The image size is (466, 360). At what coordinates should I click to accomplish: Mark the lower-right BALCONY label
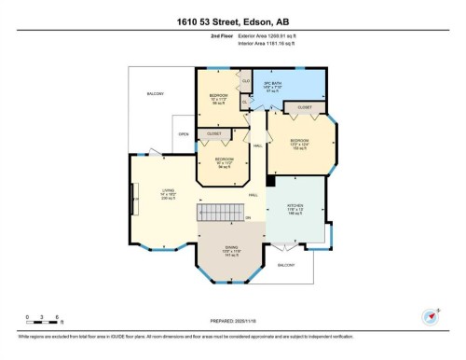click(x=286, y=265)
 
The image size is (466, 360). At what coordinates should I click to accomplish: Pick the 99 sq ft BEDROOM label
click(x=218, y=100)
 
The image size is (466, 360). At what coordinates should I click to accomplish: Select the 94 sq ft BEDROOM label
click(x=224, y=160)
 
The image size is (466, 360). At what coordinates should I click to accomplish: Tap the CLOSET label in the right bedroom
click(x=305, y=108)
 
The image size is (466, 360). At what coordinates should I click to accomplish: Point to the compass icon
click(x=431, y=315)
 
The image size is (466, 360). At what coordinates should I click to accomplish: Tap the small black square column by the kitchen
click(x=269, y=181)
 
